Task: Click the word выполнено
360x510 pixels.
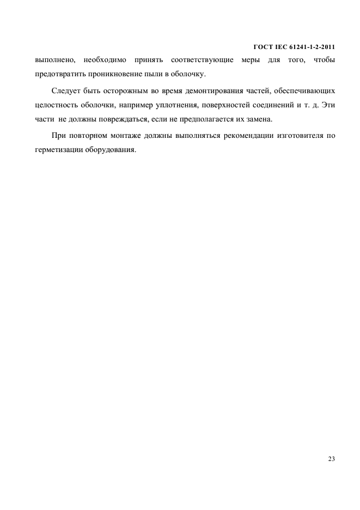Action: [54, 59]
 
